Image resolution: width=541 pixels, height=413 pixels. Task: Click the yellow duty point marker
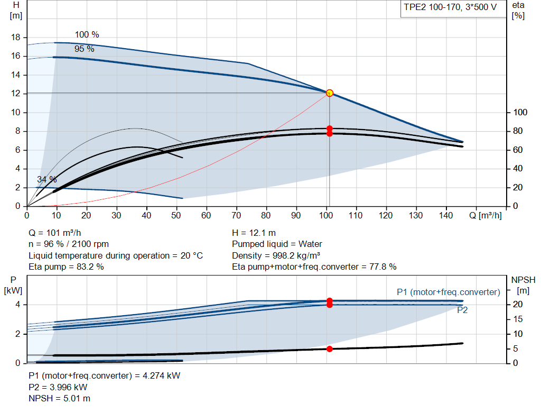tap(330, 93)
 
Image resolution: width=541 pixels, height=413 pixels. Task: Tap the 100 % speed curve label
tap(87, 34)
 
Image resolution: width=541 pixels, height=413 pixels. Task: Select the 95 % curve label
tap(84, 49)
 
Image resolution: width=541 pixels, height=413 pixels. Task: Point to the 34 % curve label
tap(47, 180)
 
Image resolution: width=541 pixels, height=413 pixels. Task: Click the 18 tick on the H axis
tap(16, 38)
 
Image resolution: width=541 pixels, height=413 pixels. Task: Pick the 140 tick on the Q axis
tap(446, 215)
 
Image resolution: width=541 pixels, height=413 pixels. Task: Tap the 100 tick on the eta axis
tap(520, 112)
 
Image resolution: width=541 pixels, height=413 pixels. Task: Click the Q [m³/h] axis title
tap(486, 215)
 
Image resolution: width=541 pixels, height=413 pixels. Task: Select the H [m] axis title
tap(16, 11)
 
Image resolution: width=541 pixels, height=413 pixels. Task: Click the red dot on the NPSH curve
tap(330, 349)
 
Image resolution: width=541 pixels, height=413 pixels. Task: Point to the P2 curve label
tap(462, 310)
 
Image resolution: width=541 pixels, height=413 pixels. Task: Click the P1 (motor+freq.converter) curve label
tap(449, 292)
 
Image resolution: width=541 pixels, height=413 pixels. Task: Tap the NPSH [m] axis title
tap(523, 285)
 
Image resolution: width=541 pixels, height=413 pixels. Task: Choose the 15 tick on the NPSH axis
tap(518, 319)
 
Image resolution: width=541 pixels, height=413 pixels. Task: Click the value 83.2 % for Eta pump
tap(90, 267)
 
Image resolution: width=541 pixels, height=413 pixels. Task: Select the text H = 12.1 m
tap(254, 233)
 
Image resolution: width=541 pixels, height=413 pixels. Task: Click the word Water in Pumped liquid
tap(310, 244)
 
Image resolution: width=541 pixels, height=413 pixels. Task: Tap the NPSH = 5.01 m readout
tap(59, 399)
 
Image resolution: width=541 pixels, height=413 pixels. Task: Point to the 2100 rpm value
tap(90, 244)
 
